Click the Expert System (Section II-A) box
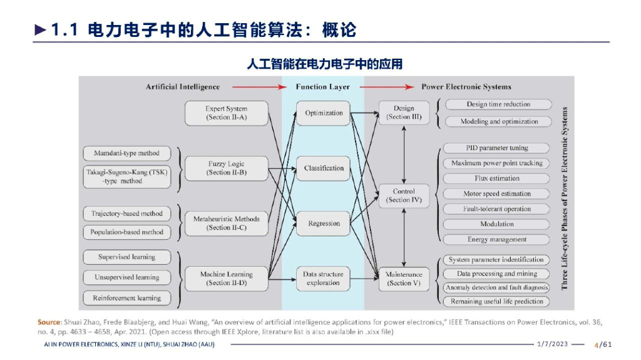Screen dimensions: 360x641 click(226, 113)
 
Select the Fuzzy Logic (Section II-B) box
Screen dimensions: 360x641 click(226, 168)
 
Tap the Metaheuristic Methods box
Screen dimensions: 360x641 click(226, 224)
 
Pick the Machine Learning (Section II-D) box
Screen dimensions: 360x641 click(226, 279)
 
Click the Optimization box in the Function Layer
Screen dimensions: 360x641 click(324, 113)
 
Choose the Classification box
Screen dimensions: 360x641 click(324, 168)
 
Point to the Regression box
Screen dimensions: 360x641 click(324, 224)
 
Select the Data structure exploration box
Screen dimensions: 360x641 click(323, 279)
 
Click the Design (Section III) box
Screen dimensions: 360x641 click(404, 113)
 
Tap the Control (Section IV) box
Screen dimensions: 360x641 click(404, 196)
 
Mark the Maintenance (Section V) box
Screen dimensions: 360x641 click(404, 279)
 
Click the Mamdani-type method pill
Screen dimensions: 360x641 click(126, 153)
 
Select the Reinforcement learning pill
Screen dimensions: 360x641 click(126, 298)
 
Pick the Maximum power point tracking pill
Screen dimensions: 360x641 click(496, 163)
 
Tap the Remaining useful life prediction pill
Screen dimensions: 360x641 click(496, 302)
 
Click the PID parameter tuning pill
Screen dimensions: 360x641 click(496, 148)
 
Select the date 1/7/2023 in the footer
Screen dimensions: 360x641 click(552, 344)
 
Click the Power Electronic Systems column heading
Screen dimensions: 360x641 click(466, 87)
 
